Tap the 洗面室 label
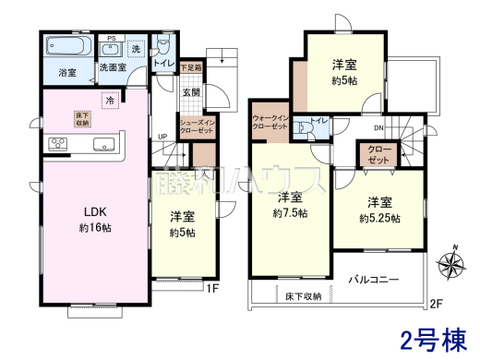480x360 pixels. coord(114,69)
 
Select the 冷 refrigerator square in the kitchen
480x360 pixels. coord(109,100)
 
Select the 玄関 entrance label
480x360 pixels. coord(191,92)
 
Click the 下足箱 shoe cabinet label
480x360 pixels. coord(191,68)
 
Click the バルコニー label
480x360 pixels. coord(374,278)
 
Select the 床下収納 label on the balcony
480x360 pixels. coord(304,295)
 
